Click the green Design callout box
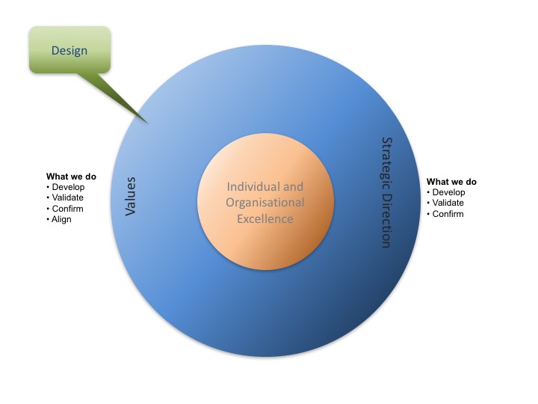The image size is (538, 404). pyautogui.click(x=69, y=49)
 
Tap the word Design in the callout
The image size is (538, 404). pyautogui.click(x=69, y=51)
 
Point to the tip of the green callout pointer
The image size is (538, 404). pyautogui.click(x=147, y=122)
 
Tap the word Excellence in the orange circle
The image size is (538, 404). pyautogui.click(x=265, y=219)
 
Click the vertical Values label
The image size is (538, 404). pyautogui.click(x=130, y=197)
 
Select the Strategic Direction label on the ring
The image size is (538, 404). pyautogui.click(x=386, y=192)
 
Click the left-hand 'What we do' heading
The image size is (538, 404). pyautogui.click(x=71, y=177)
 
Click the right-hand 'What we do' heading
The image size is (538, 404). pyautogui.click(x=451, y=182)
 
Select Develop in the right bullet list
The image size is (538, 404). pyautogui.click(x=448, y=192)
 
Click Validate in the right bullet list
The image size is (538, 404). pyautogui.click(x=449, y=203)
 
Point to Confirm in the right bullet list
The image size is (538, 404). pyautogui.click(x=448, y=214)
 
